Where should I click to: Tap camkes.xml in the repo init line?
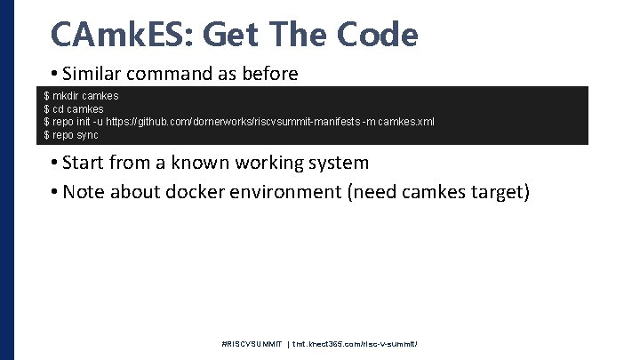(406, 122)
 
